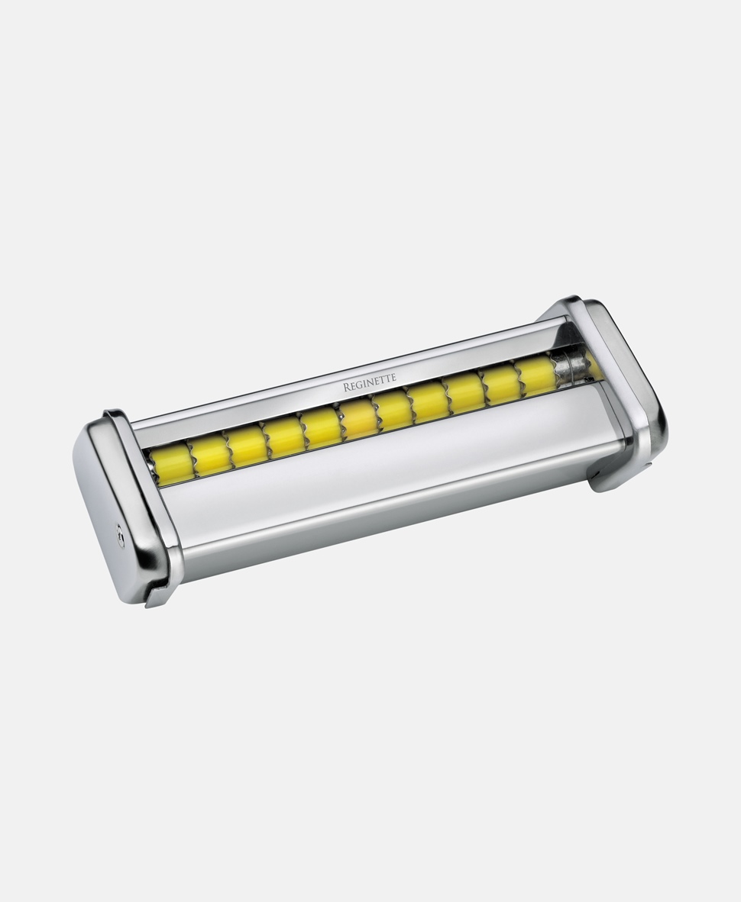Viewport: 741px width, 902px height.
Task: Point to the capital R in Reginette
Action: [x=347, y=387]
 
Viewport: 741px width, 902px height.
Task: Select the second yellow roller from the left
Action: [x=210, y=452]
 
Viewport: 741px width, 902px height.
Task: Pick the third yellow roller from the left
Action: [x=247, y=443]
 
